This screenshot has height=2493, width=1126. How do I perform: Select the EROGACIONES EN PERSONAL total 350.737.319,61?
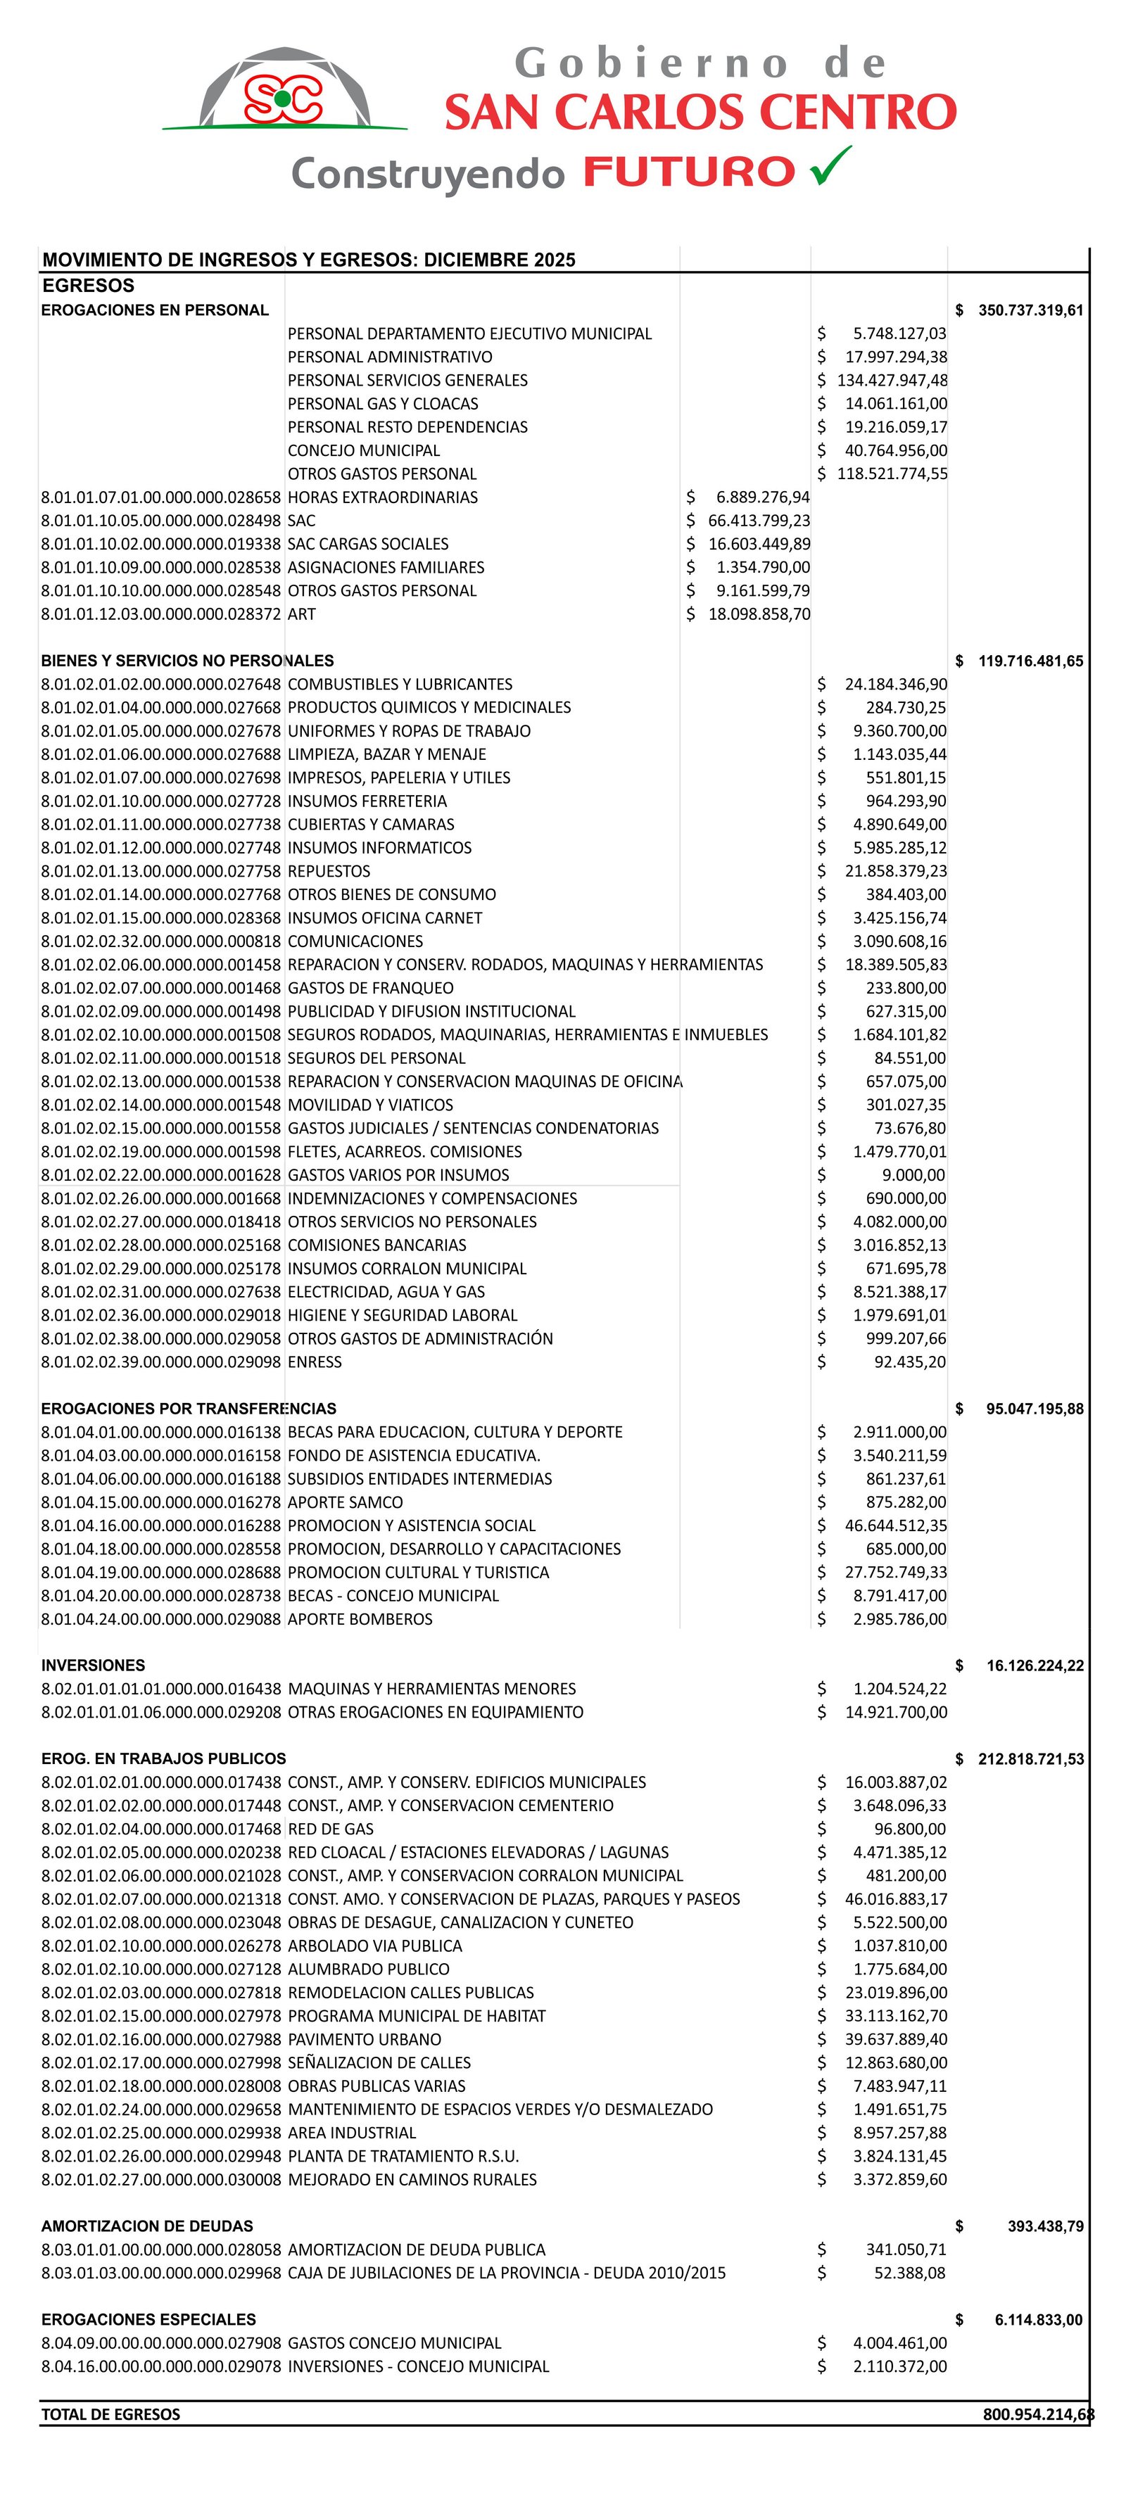pos(1030,310)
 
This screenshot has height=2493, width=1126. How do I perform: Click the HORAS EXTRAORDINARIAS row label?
pos(382,497)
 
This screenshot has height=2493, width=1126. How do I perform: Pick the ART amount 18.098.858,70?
pos(759,614)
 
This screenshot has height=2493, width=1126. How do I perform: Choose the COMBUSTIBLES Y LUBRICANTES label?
pos(400,684)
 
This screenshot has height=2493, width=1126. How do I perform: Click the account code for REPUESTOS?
pos(160,871)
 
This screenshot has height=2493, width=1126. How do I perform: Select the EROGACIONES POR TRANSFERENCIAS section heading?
pos(189,1409)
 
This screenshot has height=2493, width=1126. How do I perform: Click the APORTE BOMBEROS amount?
pos(899,1619)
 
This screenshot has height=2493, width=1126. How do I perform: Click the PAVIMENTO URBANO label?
pos(364,2039)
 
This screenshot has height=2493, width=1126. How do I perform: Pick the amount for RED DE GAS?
pos(910,1829)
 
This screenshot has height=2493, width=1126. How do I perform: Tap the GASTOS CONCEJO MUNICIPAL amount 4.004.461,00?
pos(899,2343)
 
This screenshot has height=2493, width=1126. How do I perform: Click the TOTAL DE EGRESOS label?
pos(110,2415)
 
